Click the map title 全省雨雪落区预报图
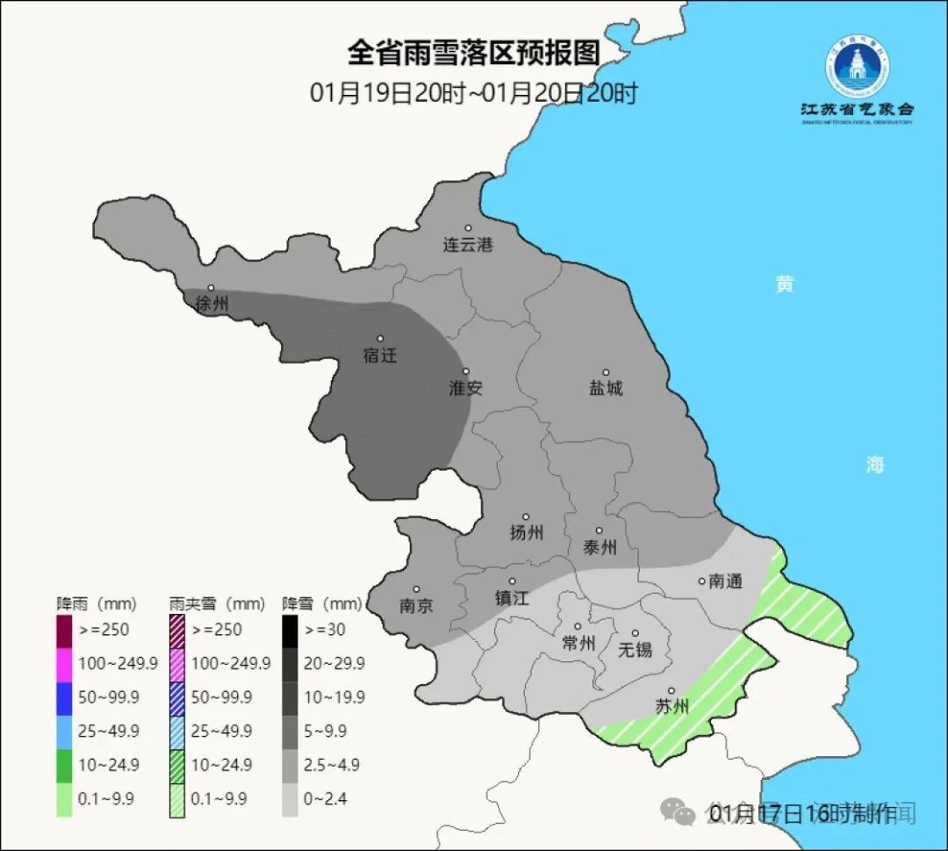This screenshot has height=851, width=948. (473, 54)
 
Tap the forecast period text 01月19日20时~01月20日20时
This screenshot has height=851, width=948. (473, 93)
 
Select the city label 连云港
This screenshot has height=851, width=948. (468, 245)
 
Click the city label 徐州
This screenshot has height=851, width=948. (212, 305)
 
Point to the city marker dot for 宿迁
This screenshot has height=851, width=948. (381, 338)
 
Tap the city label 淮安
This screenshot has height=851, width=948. (466, 388)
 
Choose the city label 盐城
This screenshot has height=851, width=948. (606, 388)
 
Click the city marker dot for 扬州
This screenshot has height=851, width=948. (526, 516)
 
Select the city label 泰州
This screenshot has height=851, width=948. (600, 547)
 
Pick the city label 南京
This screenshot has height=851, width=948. (416, 606)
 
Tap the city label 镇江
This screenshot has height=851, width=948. (513, 597)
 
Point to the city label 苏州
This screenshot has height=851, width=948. (672, 707)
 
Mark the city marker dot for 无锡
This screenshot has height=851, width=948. (636, 633)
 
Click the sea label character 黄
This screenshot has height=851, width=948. (784, 285)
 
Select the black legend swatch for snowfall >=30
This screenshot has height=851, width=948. (290, 629)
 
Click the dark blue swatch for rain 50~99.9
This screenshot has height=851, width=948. (64, 696)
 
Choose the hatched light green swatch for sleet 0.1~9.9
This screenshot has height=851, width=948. (177, 799)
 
